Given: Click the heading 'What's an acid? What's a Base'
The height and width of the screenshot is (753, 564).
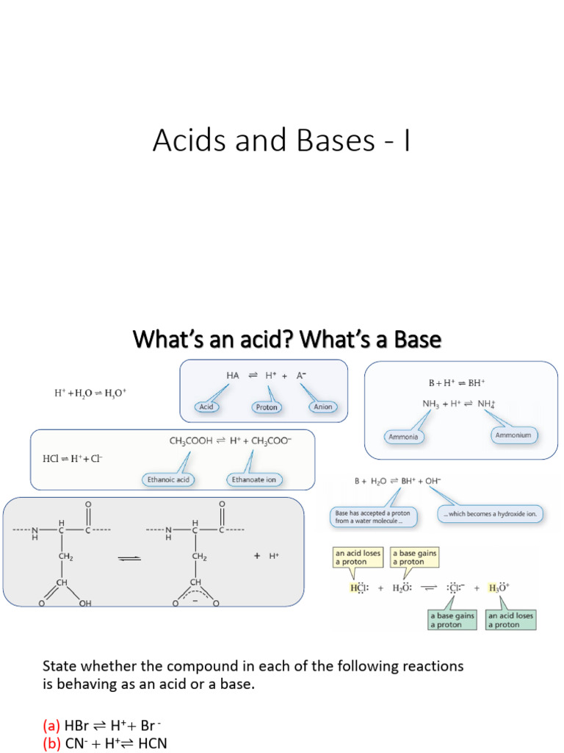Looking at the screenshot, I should pyautogui.click(x=287, y=340).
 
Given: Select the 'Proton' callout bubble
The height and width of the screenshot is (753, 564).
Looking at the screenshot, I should pyautogui.click(x=267, y=407).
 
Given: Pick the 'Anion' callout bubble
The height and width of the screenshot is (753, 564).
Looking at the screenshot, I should pyautogui.click(x=323, y=407).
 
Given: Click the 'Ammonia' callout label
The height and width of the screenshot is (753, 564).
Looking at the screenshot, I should pyautogui.click(x=404, y=437).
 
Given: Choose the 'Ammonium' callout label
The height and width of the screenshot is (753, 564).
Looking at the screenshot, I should pyautogui.click(x=513, y=435).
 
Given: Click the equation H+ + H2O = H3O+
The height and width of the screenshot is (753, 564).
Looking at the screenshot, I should pyautogui.click(x=90, y=393).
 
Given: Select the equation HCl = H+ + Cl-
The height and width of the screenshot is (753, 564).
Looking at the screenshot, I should pyautogui.click(x=73, y=458).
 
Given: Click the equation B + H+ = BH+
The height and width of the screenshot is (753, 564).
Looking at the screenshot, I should pyautogui.click(x=457, y=383).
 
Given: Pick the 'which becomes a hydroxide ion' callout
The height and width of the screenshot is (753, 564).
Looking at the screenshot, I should pyautogui.click(x=491, y=515).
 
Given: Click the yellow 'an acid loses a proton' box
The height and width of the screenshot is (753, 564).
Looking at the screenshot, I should pyautogui.click(x=358, y=557).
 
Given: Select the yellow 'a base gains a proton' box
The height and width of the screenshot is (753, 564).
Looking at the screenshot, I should pyautogui.click(x=414, y=557).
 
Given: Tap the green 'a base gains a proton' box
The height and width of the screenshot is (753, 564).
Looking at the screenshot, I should pyautogui.click(x=452, y=620).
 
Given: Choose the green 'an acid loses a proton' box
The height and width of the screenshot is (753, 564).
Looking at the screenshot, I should pyautogui.click(x=511, y=620).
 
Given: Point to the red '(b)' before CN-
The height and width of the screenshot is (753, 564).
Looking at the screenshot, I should pyautogui.click(x=51, y=743).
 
